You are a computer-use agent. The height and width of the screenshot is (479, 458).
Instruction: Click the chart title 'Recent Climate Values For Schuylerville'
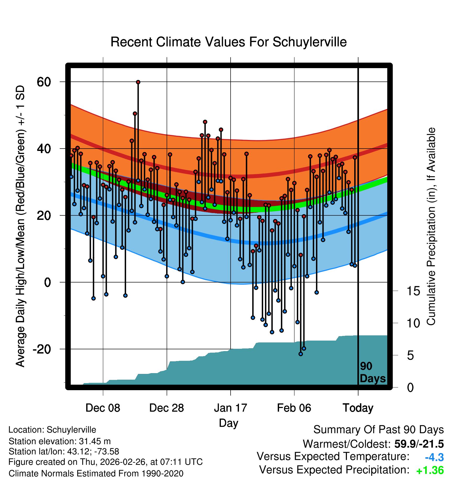[x=228, y=42]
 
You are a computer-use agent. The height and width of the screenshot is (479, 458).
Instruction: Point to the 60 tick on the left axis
[x=44, y=82]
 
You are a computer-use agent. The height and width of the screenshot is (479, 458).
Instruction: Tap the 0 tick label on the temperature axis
[x=47, y=282]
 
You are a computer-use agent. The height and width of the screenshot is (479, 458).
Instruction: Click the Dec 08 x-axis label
[x=103, y=408]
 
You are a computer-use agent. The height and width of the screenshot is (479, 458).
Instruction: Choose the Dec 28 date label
[x=167, y=408]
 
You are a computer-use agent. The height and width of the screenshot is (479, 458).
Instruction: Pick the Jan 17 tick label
[x=230, y=408]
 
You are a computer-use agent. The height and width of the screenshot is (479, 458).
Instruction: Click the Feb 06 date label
[x=294, y=408]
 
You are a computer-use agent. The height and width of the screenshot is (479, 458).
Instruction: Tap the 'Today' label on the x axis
[x=358, y=408]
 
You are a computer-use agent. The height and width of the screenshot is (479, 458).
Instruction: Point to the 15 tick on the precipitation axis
[x=413, y=291]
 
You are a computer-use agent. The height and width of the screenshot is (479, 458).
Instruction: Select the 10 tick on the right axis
[x=413, y=323]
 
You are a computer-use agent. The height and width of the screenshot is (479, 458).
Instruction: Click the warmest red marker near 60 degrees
[x=138, y=82]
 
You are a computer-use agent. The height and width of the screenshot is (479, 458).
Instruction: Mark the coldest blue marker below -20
[x=301, y=354]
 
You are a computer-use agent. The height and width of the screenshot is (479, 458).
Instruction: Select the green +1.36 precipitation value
[x=430, y=470]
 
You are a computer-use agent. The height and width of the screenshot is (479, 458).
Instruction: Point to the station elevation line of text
[x=59, y=441]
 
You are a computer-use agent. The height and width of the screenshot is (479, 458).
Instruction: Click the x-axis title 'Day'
[x=228, y=423]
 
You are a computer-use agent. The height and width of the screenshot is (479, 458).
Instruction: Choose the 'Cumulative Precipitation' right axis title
[x=431, y=227]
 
